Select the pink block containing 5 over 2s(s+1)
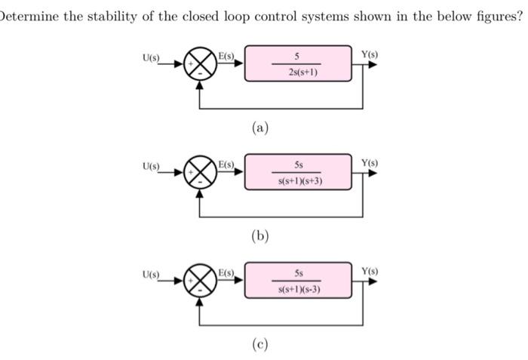click(x=297, y=64)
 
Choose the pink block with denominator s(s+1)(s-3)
click(x=297, y=281)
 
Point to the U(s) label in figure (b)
click(x=149, y=165)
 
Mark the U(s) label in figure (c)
click(x=149, y=273)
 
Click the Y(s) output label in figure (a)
click(x=370, y=54)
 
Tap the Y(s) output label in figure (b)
click(x=370, y=163)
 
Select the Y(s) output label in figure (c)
click(x=370, y=271)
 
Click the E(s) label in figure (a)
click(x=226, y=56)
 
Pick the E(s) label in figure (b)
click(x=226, y=165)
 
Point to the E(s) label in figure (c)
click(x=226, y=272)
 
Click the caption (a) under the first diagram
click(x=259, y=128)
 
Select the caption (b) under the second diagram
click(x=259, y=236)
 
